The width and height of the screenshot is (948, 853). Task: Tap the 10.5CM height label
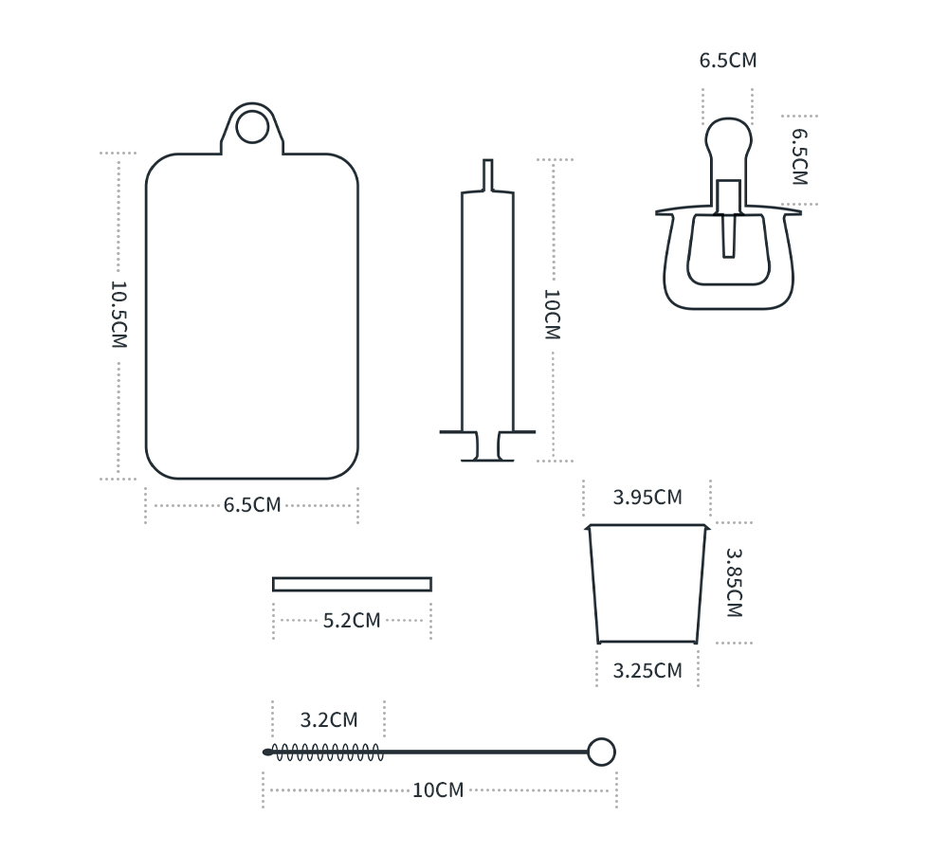point(119,315)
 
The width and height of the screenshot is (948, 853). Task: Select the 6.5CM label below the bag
point(252,505)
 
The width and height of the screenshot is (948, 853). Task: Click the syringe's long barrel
point(488,311)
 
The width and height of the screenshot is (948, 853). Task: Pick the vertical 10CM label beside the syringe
point(553,315)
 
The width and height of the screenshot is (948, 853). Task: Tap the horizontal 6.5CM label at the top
point(728,61)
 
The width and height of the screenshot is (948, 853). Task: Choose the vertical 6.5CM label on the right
point(799,156)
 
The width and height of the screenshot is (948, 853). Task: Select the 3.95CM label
point(647,497)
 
